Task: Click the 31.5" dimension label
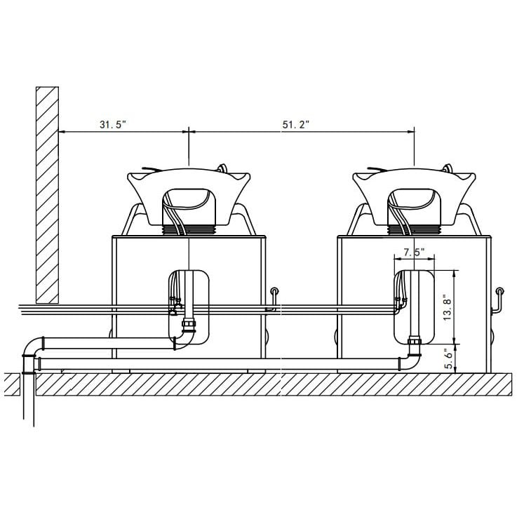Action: [113, 125]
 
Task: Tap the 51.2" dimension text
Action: [296, 125]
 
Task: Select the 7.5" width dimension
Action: [415, 253]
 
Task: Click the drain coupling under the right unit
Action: [414, 344]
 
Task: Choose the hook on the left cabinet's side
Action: [273, 298]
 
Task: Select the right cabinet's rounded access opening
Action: [415, 309]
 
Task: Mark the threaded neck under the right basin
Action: [414, 227]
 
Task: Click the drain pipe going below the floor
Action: [28, 400]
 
